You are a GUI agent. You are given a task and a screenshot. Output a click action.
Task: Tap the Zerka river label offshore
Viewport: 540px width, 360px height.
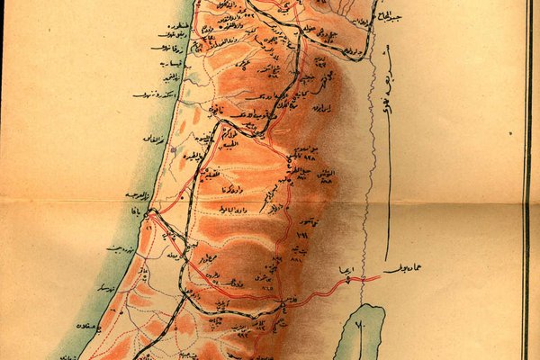coord(166,47)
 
